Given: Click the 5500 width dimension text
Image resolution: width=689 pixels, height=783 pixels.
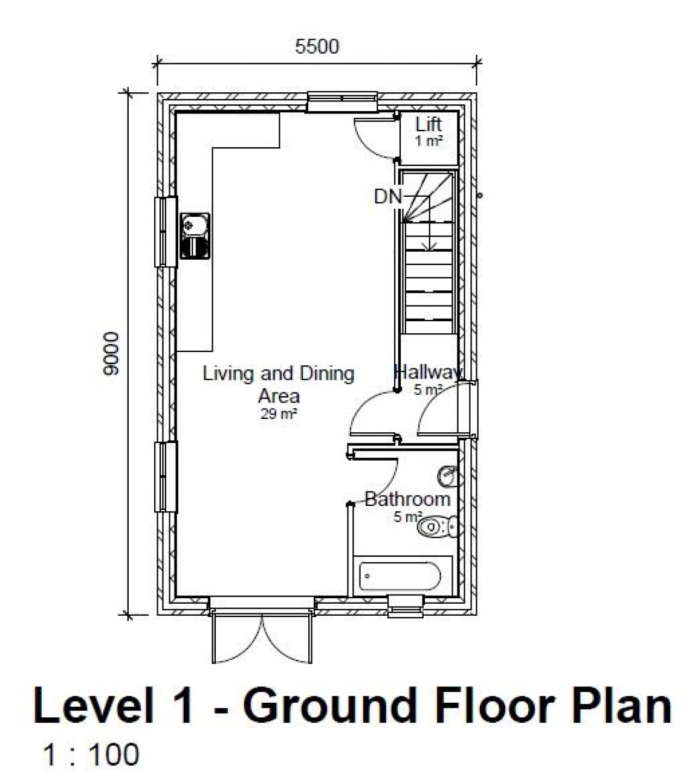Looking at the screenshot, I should (317, 46).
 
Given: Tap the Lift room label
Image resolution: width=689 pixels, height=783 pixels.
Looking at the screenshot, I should (429, 125).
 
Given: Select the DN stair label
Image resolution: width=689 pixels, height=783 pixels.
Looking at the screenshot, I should (388, 197).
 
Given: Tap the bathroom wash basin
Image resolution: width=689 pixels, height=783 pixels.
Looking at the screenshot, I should (447, 475).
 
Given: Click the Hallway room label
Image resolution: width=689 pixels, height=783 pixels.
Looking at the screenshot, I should (429, 371).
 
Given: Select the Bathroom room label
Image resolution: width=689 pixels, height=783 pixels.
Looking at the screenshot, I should (407, 499).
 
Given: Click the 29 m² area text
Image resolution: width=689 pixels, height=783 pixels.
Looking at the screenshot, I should (279, 414).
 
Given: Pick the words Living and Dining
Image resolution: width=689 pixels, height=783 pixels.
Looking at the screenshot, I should (278, 374).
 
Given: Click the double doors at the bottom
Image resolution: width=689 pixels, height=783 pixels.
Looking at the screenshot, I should (262, 639).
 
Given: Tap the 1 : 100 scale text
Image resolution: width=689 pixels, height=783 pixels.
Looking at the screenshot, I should (91, 755).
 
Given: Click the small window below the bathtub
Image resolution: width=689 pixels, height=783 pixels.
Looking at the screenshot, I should (406, 606).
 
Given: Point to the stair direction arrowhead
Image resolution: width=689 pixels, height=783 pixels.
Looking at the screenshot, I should (429, 246).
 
